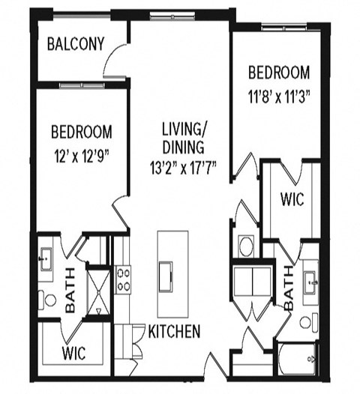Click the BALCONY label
tap(75, 43)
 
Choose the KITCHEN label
tap(173, 331)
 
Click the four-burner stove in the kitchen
tap(124, 279)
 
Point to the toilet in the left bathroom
tap(49, 300)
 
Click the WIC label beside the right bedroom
tap(291, 201)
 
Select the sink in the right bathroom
tap(310, 283)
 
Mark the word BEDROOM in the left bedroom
tap(82, 132)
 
